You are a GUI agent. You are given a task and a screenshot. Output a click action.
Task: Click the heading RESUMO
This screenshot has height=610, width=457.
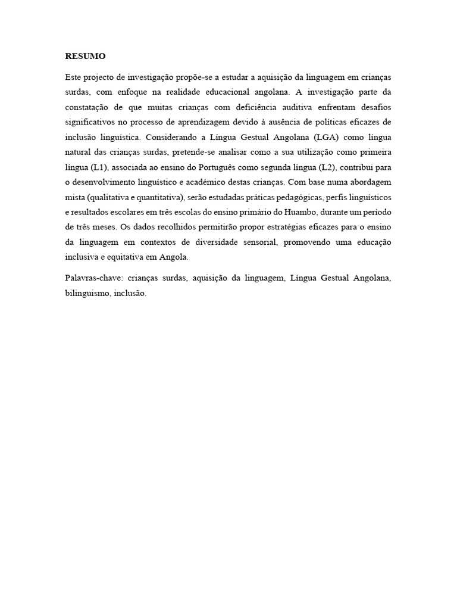click(85, 57)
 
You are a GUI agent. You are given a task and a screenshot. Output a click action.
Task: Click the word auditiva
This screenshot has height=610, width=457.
click(312, 108)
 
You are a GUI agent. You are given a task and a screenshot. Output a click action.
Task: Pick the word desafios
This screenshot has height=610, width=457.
click(375, 108)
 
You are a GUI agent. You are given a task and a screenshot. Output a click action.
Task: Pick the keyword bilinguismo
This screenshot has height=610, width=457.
click(86, 294)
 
